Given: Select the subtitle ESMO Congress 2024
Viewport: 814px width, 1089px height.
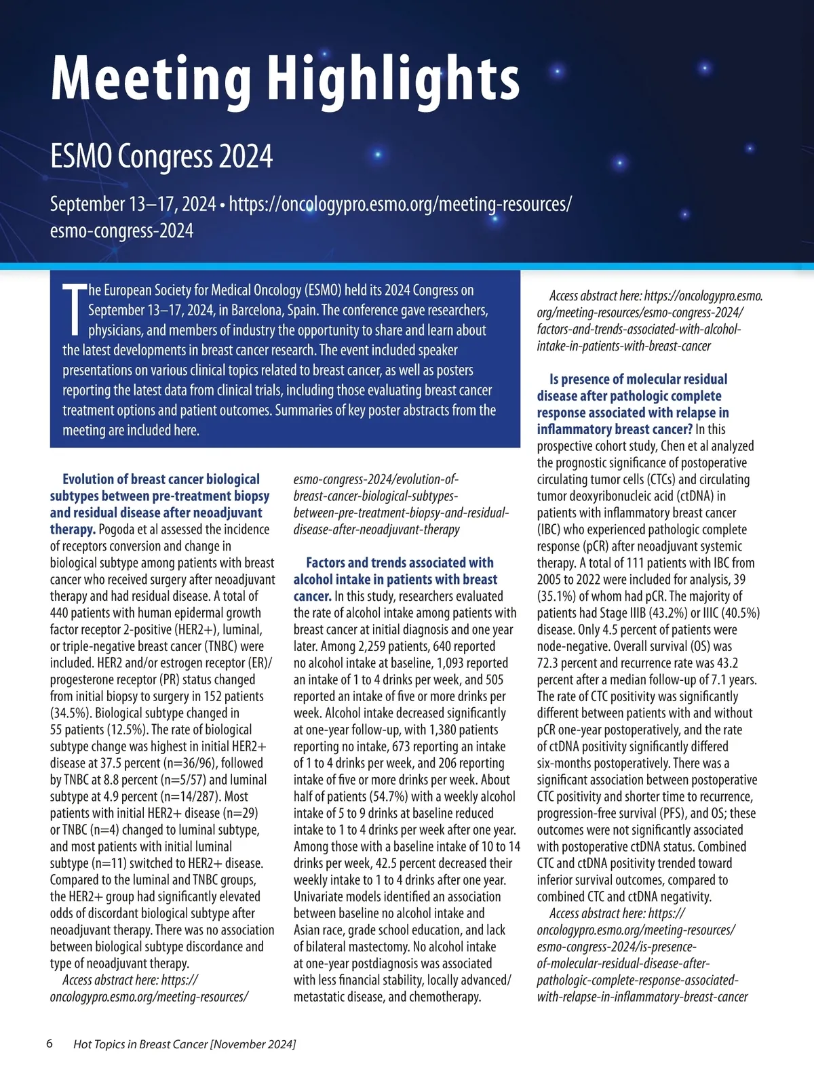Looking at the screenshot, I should point(161,156).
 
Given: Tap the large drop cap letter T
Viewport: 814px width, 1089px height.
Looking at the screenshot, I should point(74,311).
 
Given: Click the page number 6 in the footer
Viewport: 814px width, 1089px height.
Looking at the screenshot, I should point(50,1044).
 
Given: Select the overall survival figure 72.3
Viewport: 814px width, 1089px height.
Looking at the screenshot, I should point(549,663).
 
